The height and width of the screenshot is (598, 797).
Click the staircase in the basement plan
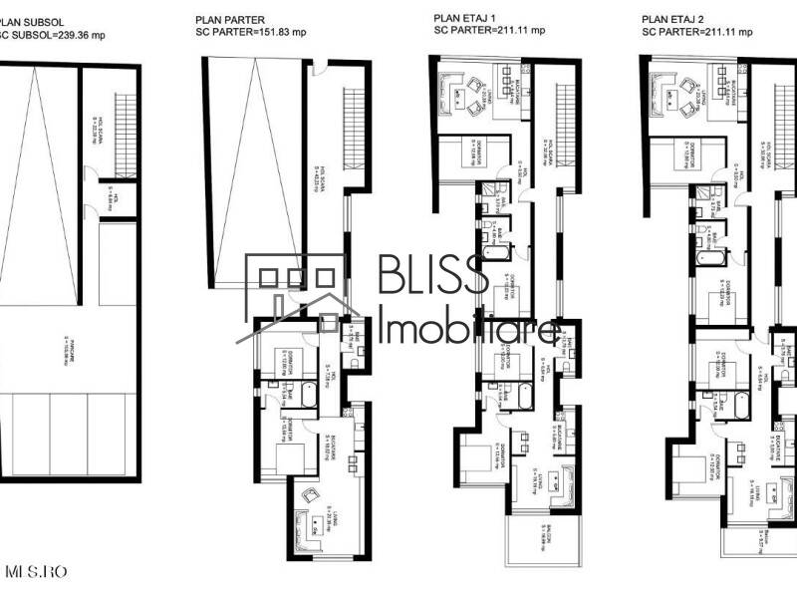(126, 125)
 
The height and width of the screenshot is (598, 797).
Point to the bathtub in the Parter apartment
(306, 399)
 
